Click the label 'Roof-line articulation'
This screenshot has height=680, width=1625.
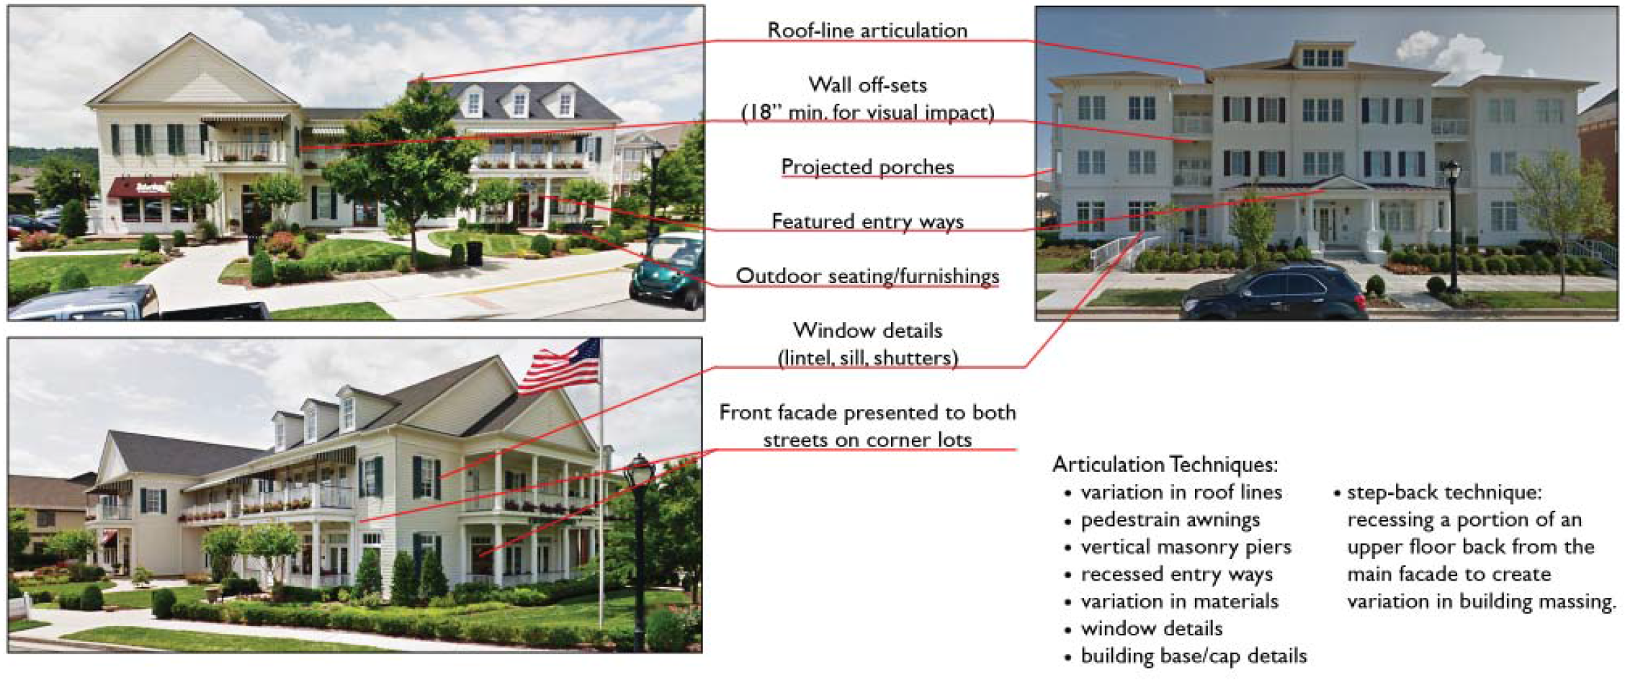pos(867,30)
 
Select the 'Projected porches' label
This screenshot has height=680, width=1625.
pos(867,166)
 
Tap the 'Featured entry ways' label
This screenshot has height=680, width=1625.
pos(867,221)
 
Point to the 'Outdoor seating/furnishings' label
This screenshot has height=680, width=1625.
pos(867,276)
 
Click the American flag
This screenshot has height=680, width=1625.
pos(560,367)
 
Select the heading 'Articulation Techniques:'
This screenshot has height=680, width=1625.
pos(1165,465)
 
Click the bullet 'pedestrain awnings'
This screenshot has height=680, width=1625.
pos(1170,519)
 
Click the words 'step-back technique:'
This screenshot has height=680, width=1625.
pos(1444,493)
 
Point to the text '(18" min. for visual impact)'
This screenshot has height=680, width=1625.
pos(867,112)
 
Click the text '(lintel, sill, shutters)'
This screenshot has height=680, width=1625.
pos(867,358)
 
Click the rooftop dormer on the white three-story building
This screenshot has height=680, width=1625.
pos(1322,55)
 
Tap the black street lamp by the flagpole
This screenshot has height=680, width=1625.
pos(639,551)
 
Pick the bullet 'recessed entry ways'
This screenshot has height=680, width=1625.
pos(1176,574)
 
